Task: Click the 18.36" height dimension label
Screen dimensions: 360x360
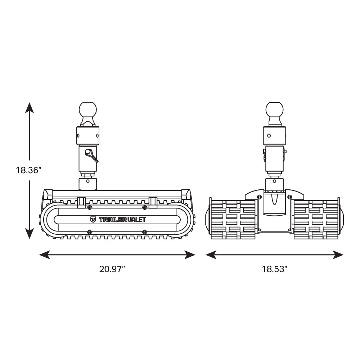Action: pyautogui.click(x=28, y=170)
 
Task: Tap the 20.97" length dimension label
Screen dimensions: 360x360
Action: pyautogui.click(x=112, y=269)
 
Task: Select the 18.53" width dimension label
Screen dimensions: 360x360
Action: pyautogui.click(x=275, y=269)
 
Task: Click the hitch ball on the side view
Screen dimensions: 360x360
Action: pyautogui.click(x=88, y=111)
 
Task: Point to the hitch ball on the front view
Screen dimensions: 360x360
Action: pyautogui.click(x=274, y=111)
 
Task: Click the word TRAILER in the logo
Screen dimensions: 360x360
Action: pyautogui.click(x=113, y=220)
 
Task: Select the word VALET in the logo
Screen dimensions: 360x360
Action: pyautogui.click(x=136, y=220)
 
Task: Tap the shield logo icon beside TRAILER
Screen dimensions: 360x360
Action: pyautogui.click(x=93, y=220)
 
